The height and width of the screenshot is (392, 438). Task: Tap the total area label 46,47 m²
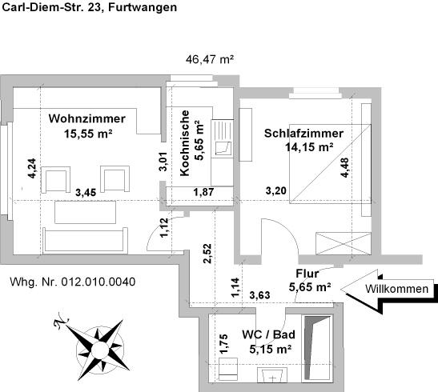[210, 59]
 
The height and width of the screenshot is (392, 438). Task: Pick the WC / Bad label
[267, 342]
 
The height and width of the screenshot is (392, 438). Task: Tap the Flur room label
[308, 280]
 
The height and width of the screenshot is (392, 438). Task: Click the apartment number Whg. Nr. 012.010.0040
[73, 282]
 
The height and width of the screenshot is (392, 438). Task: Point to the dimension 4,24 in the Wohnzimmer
[31, 168]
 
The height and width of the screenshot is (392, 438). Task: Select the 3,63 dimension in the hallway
[259, 297]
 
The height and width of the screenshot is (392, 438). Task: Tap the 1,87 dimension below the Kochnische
[205, 191]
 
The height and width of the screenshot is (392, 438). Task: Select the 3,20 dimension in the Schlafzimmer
[276, 191]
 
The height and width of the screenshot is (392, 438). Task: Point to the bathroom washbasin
[277, 374]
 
